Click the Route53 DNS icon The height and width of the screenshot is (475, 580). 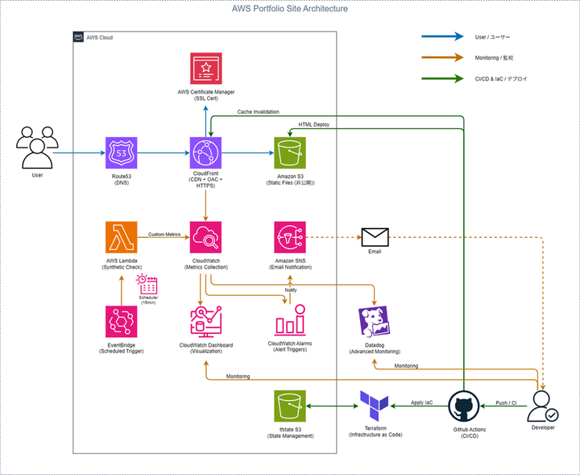coord(122,152)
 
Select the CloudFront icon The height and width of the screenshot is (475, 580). coord(206,152)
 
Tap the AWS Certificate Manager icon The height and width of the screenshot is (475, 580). coord(206,69)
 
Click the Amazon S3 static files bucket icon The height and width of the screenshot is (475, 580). coord(290,152)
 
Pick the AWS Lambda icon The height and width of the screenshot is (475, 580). coord(122,237)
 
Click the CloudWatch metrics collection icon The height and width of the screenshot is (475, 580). coord(206,237)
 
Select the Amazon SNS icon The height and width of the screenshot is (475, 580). coord(290,237)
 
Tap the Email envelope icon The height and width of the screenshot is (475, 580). coord(375,237)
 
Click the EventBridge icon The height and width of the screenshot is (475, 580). coord(122,322)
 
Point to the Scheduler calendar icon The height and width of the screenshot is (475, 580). coord(147,285)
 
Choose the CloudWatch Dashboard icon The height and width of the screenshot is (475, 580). coord(206,322)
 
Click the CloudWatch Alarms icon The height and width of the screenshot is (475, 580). coord(290,322)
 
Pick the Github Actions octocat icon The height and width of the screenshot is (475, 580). coord(463,406)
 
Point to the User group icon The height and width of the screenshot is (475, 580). coord(37,146)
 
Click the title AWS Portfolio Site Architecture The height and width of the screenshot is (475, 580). coord(290,9)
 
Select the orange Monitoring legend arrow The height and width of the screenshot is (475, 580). coord(442,57)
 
